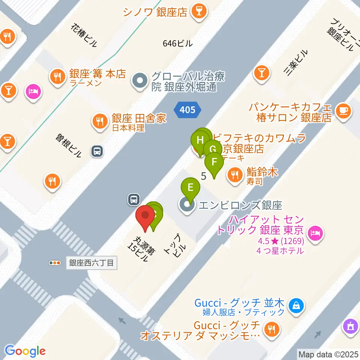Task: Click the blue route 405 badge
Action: coord(187,109)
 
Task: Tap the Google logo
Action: coord(25,351)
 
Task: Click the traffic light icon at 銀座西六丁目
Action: coord(55,263)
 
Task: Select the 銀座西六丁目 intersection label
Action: coord(91,263)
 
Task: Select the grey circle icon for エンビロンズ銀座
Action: coord(187,205)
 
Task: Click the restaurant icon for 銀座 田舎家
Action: coord(99,121)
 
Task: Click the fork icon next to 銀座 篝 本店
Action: coord(57,77)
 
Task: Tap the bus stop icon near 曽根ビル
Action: coord(97,151)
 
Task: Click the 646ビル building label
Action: coord(178,43)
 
